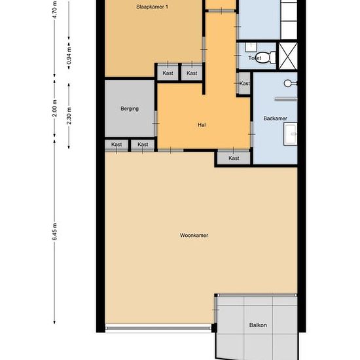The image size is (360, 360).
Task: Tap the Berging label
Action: coord(130,109)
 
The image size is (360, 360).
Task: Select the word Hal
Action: coord(202,124)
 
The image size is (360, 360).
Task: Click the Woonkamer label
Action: coord(194,235)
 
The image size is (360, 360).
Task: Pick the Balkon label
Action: coord(258,325)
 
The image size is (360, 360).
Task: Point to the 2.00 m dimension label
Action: coord(55,109)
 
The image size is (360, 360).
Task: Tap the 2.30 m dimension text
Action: coord(69,115)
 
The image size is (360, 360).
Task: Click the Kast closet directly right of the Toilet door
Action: coord(244,83)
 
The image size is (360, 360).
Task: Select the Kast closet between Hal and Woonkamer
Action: coord(234,158)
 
